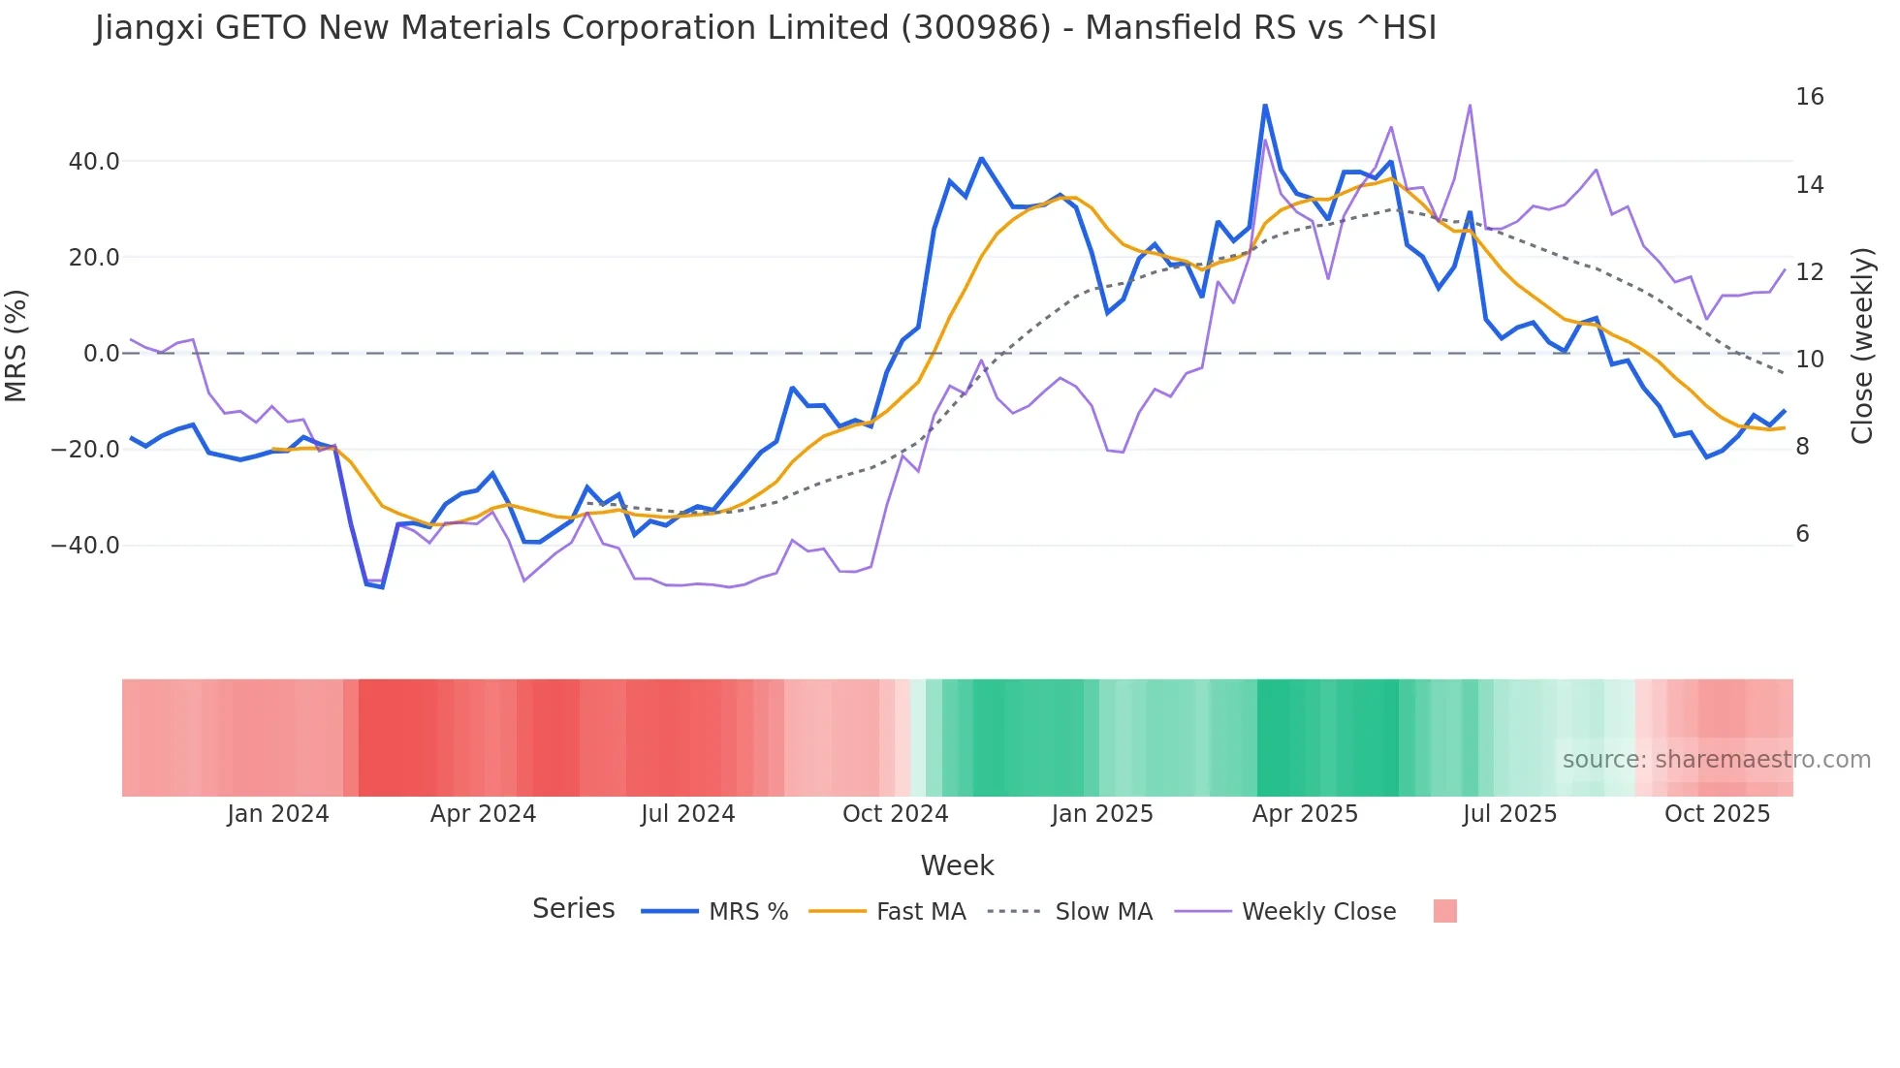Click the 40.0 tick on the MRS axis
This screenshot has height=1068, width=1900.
click(x=93, y=162)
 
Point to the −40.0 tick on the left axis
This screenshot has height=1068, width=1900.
click(x=85, y=546)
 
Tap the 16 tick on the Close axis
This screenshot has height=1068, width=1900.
click(x=1809, y=97)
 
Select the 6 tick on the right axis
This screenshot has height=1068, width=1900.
click(x=1802, y=534)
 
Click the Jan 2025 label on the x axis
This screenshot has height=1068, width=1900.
click(x=1101, y=814)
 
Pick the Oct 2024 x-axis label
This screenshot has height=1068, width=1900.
click(x=895, y=814)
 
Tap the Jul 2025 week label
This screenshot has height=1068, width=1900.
click(x=1509, y=814)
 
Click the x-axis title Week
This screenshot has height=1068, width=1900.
click(x=957, y=865)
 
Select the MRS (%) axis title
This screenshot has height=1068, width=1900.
click(x=16, y=346)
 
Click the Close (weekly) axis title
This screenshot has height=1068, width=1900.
click(x=1862, y=346)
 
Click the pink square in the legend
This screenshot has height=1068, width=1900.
click(x=1444, y=911)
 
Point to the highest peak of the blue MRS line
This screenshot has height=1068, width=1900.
click(x=1265, y=106)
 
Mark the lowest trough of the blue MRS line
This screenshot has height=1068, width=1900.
click(x=382, y=587)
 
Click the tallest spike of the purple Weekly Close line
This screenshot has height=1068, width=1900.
click(x=1470, y=106)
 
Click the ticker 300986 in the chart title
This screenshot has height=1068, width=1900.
click(x=975, y=28)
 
